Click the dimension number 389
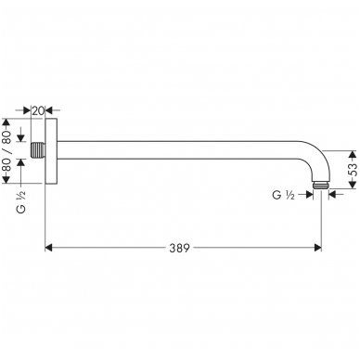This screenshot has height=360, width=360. coord(183,248)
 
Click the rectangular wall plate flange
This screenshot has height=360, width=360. coord(51,148)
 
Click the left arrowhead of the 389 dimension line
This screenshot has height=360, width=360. coord(50,248)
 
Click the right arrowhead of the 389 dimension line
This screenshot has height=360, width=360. coord(316,248)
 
